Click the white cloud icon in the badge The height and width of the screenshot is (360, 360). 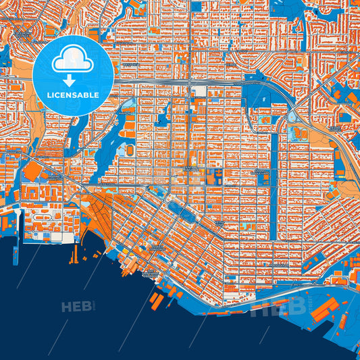click(73, 59)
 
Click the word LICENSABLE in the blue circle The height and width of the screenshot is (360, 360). click(73, 95)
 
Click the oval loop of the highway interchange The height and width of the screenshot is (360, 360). click(293, 117)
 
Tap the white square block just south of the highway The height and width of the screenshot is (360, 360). click(199, 91)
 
